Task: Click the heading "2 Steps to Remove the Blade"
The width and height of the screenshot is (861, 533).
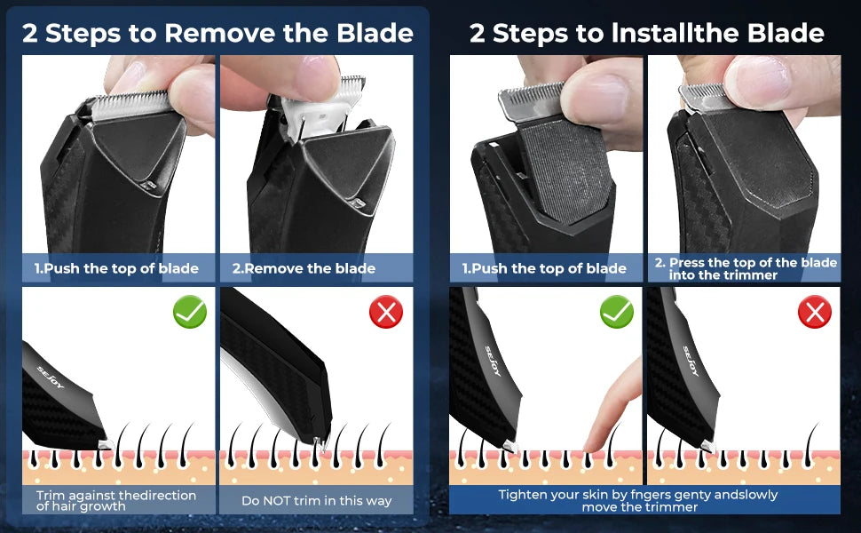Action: pyautogui.click(x=217, y=34)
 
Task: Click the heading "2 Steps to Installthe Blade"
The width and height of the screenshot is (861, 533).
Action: pyautogui.click(x=646, y=34)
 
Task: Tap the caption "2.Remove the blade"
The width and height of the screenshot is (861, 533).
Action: pyautogui.click(x=304, y=268)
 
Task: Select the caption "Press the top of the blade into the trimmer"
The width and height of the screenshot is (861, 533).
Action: pyautogui.click(x=746, y=268)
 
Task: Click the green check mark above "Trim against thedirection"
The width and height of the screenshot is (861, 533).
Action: pyautogui.click(x=190, y=312)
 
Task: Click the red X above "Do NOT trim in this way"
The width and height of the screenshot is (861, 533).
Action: pyautogui.click(x=386, y=312)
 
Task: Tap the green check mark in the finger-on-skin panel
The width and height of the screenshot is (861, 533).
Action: pyautogui.click(x=617, y=312)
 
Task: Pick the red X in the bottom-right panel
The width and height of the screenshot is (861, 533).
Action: pyautogui.click(x=814, y=312)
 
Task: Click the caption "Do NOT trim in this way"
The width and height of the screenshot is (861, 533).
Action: pyautogui.click(x=316, y=501)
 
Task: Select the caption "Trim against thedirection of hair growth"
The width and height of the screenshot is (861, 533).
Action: pyautogui.click(x=116, y=501)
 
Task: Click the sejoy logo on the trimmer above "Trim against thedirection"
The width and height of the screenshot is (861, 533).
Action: pyautogui.click(x=51, y=377)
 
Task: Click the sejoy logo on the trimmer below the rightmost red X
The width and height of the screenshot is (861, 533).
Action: pyautogui.click(x=691, y=361)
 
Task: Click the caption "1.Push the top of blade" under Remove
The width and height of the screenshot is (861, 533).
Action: pyautogui.click(x=116, y=268)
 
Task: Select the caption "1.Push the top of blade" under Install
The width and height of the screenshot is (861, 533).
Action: pyautogui.click(x=543, y=268)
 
